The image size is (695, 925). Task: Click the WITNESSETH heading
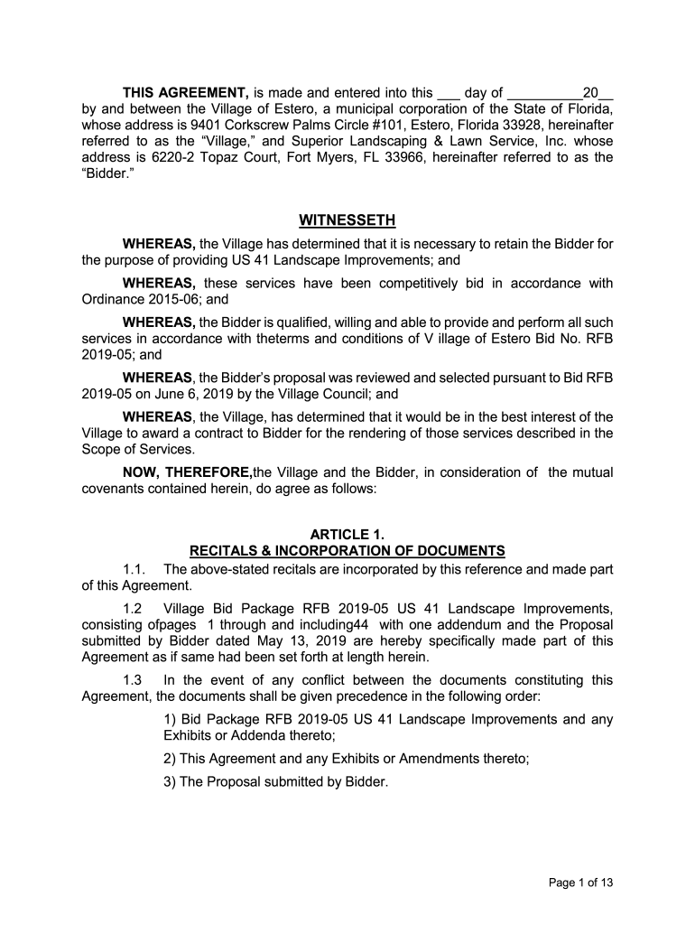[x=347, y=221]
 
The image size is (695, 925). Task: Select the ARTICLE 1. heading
[x=347, y=534]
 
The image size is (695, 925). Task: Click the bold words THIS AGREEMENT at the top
[x=186, y=92]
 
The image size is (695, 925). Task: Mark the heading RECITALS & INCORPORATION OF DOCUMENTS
[x=347, y=550]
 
